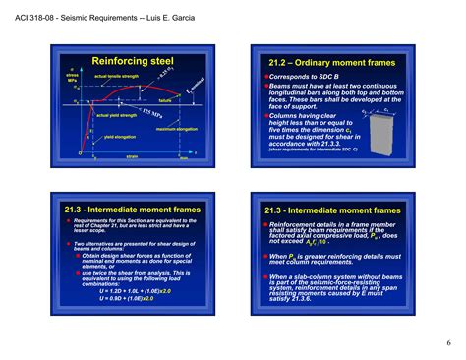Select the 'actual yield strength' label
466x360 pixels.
(116, 115)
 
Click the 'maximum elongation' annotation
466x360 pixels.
(177, 129)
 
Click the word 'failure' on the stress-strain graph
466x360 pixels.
(165, 100)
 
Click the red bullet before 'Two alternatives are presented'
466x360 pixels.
(70, 239)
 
